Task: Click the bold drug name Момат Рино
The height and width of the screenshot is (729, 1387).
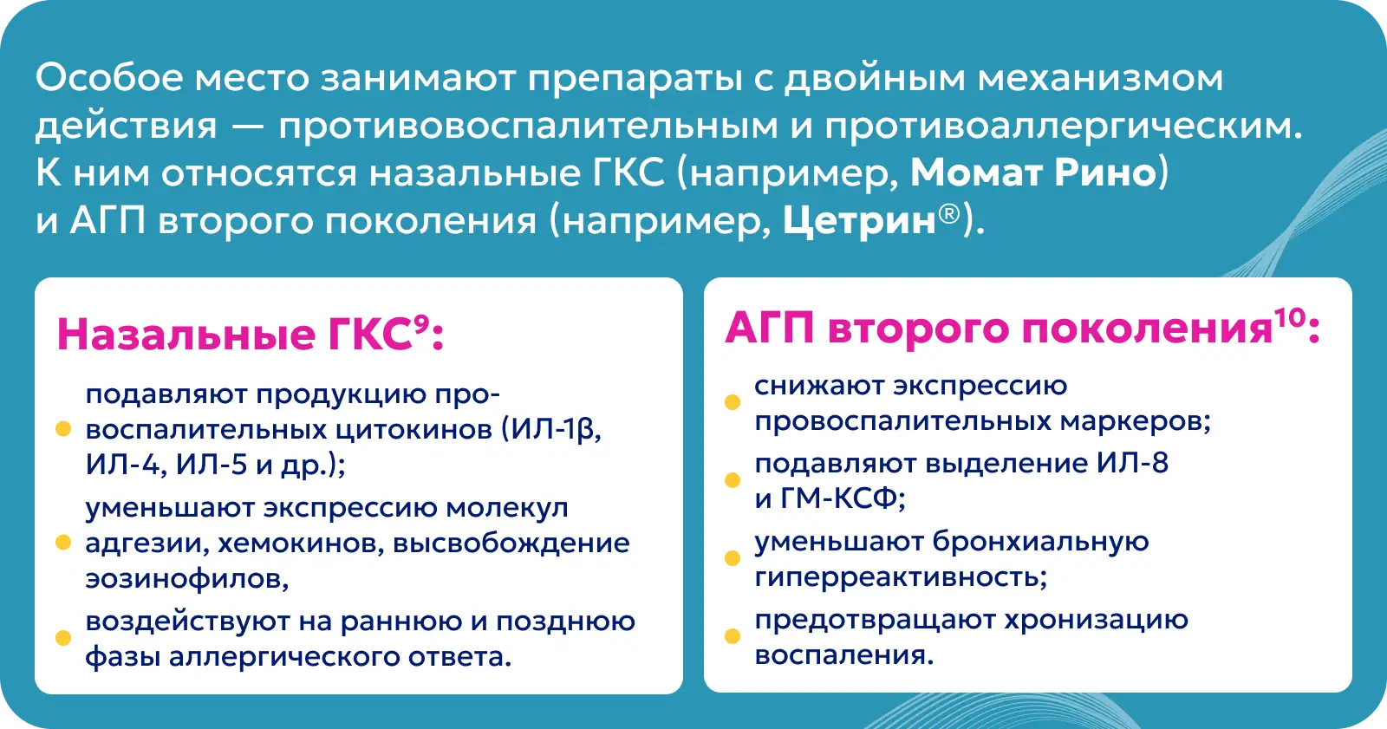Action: click(x=1032, y=172)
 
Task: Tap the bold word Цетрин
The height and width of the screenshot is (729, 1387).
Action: click(x=859, y=221)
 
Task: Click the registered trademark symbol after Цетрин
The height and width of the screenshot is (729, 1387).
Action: click(x=949, y=214)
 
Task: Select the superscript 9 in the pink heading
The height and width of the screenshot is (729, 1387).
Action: click(x=421, y=323)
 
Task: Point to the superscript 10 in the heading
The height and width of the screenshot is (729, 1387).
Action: click(x=1290, y=318)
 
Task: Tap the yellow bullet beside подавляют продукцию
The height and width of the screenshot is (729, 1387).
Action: click(x=63, y=428)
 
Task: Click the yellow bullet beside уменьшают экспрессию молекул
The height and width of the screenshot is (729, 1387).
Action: click(x=63, y=543)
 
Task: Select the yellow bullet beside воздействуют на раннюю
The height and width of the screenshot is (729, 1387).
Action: click(x=63, y=637)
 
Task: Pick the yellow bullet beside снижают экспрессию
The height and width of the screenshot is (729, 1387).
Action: click(x=733, y=402)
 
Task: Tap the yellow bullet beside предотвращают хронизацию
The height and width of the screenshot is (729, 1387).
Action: click(x=733, y=636)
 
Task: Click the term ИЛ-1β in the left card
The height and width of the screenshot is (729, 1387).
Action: click(x=552, y=429)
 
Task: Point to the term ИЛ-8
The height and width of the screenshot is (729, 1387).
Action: click(x=1132, y=463)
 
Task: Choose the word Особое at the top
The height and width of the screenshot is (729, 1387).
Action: click(x=109, y=78)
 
